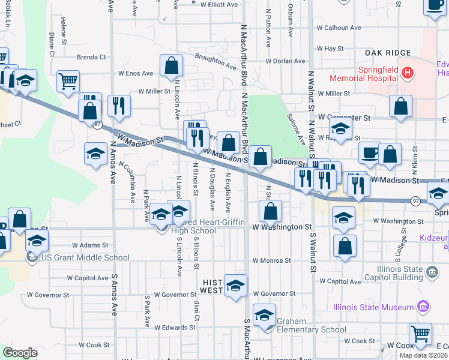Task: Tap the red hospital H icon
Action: point(408,74)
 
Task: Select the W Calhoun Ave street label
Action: point(339,28)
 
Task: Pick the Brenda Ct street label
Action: point(91,57)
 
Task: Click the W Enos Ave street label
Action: point(136,73)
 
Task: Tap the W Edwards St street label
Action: point(174,328)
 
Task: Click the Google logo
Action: point(20,353)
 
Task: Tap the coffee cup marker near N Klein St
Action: point(370,152)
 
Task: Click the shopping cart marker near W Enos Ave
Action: point(68,80)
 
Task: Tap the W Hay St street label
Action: point(330,48)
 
